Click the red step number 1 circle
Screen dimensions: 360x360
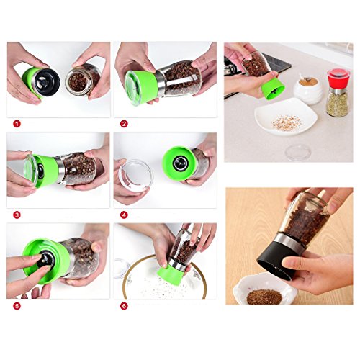pyautogui.click(x=17, y=124)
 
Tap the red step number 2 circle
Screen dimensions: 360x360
pyautogui.click(x=124, y=124)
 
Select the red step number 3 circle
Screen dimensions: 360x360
pyautogui.click(x=17, y=215)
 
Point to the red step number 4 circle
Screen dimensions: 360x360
pyautogui.click(x=124, y=215)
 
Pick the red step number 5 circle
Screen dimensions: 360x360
pyautogui.click(x=17, y=306)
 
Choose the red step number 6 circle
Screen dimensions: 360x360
pyautogui.click(x=124, y=306)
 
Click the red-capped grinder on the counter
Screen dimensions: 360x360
pyautogui.click(x=338, y=93)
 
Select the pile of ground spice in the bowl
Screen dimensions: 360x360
pyautogui.click(x=264, y=297)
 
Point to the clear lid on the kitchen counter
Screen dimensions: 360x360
pyautogui.click(x=298, y=153)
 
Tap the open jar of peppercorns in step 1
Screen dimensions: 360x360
pyautogui.click(x=82, y=81)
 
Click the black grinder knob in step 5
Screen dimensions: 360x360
pyautogui.click(x=45, y=260)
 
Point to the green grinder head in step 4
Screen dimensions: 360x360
pyautogui.click(x=179, y=163)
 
